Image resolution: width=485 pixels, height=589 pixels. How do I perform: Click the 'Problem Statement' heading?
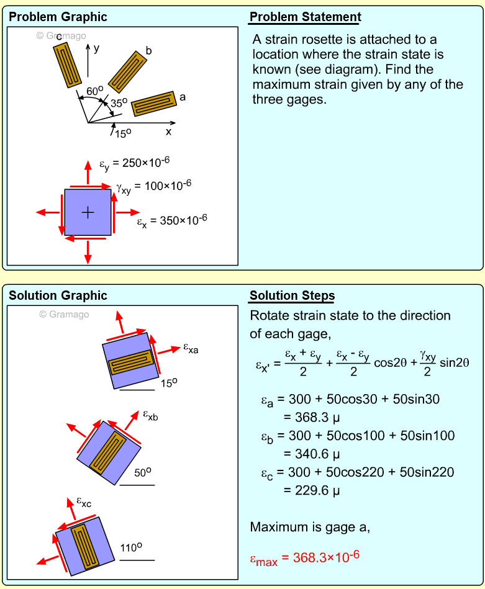click(305, 17)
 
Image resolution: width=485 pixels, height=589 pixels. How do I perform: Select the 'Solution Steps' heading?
click(292, 295)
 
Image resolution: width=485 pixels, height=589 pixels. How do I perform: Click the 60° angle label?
click(94, 91)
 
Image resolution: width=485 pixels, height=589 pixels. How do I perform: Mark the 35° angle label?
click(119, 104)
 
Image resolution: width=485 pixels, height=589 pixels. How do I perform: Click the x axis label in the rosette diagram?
click(168, 132)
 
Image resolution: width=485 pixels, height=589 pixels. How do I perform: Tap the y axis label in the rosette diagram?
click(96, 48)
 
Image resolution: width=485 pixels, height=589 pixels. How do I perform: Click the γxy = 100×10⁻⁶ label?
click(153, 186)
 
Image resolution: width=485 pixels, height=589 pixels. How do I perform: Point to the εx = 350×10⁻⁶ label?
click(171, 221)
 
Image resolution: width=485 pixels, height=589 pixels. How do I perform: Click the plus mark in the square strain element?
click(88, 212)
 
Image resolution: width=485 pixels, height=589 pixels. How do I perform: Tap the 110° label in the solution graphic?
click(132, 547)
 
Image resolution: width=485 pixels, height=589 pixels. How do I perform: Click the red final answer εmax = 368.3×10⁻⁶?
click(304, 557)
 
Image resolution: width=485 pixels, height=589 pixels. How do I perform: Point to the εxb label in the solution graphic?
click(150, 416)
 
